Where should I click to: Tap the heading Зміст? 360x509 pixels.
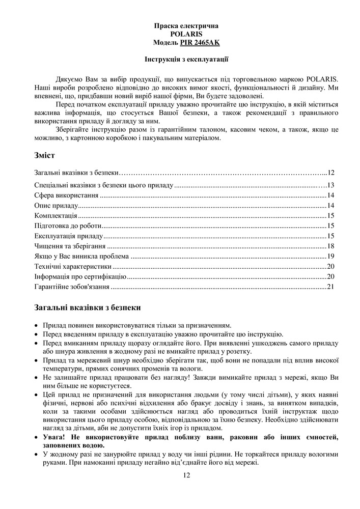pyautogui.click(x=45, y=155)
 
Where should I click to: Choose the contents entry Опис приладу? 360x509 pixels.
pyautogui.click(x=56, y=206)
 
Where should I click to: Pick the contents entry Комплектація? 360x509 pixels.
pyautogui.click(x=56, y=216)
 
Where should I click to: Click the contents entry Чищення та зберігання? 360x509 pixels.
pyautogui.click(x=66, y=246)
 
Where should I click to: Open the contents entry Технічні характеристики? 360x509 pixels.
pyautogui.click(x=73, y=267)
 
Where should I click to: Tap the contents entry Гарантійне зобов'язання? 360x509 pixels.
pyautogui.click(x=72, y=287)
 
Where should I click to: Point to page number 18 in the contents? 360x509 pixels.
pyautogui.click(x=330, y=246)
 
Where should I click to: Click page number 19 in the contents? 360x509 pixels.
pyautogui.click(x=330, y=257)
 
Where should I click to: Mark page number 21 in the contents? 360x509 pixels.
pyautogui.click(x=330, y=287)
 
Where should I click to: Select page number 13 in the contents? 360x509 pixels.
pyautogui.click(x=330, y=185)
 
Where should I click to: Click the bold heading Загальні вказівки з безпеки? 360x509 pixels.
pyautogui.click(x=88, y=307)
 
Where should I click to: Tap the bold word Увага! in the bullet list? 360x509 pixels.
pyautogui.click(x=54, y=437)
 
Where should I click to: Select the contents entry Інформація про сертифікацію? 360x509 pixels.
pyautogui.click(x=80, y=277)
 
